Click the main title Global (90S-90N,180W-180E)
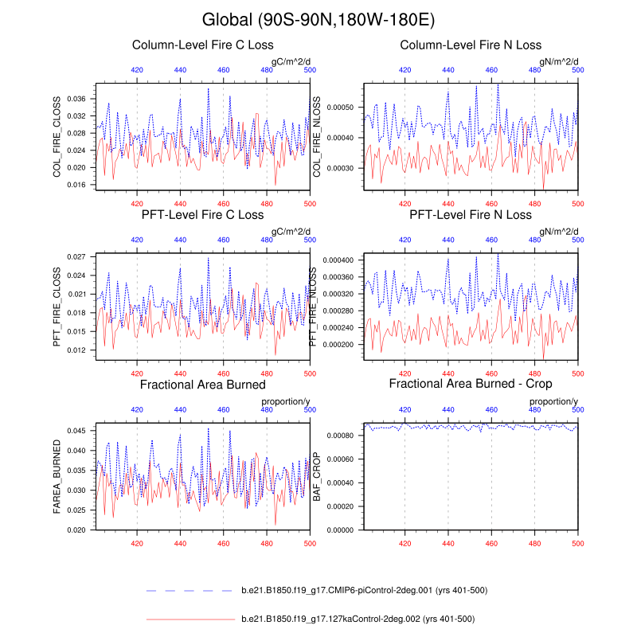(x=318, y=19)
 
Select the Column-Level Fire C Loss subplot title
(x=202, y=45)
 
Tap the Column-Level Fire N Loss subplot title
(x=471, y=45)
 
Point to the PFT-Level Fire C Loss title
(x=202, y=215)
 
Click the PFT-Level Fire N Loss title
(x=471, y=215)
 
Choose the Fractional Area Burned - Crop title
(x=471, y=385)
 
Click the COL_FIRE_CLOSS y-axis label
(x=57, y=136)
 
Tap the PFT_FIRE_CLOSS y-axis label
(x=57, y=306)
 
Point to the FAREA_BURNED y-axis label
(x=57, y=475)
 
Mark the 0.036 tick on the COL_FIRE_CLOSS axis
(x=80, y=99)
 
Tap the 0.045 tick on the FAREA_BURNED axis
(x=80, y=431)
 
